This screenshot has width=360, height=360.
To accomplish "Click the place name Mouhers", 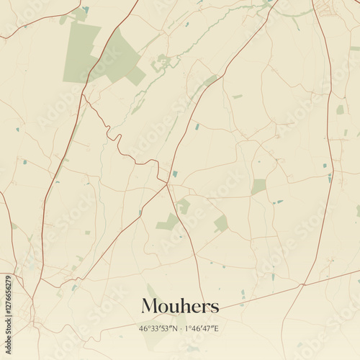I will tap(180, 306).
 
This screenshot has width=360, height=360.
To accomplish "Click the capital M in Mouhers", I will tap(149, 306).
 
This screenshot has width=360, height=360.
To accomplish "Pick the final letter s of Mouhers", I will tap(215, 308).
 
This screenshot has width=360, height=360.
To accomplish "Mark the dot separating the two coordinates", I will tap(179, 329).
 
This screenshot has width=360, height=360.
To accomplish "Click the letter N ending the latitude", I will tap(173, 328).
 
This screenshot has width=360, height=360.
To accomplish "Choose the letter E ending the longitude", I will tap(217, 328).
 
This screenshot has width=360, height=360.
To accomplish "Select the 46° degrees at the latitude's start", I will tap(144, 328).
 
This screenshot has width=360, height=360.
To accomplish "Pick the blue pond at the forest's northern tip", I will tap(85, 9).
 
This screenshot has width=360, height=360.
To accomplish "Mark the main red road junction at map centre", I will tap(167, 184).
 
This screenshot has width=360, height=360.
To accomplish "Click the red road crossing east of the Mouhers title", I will tap(300, 287).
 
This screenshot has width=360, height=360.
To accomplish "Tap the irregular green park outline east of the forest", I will tap(161, 63).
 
